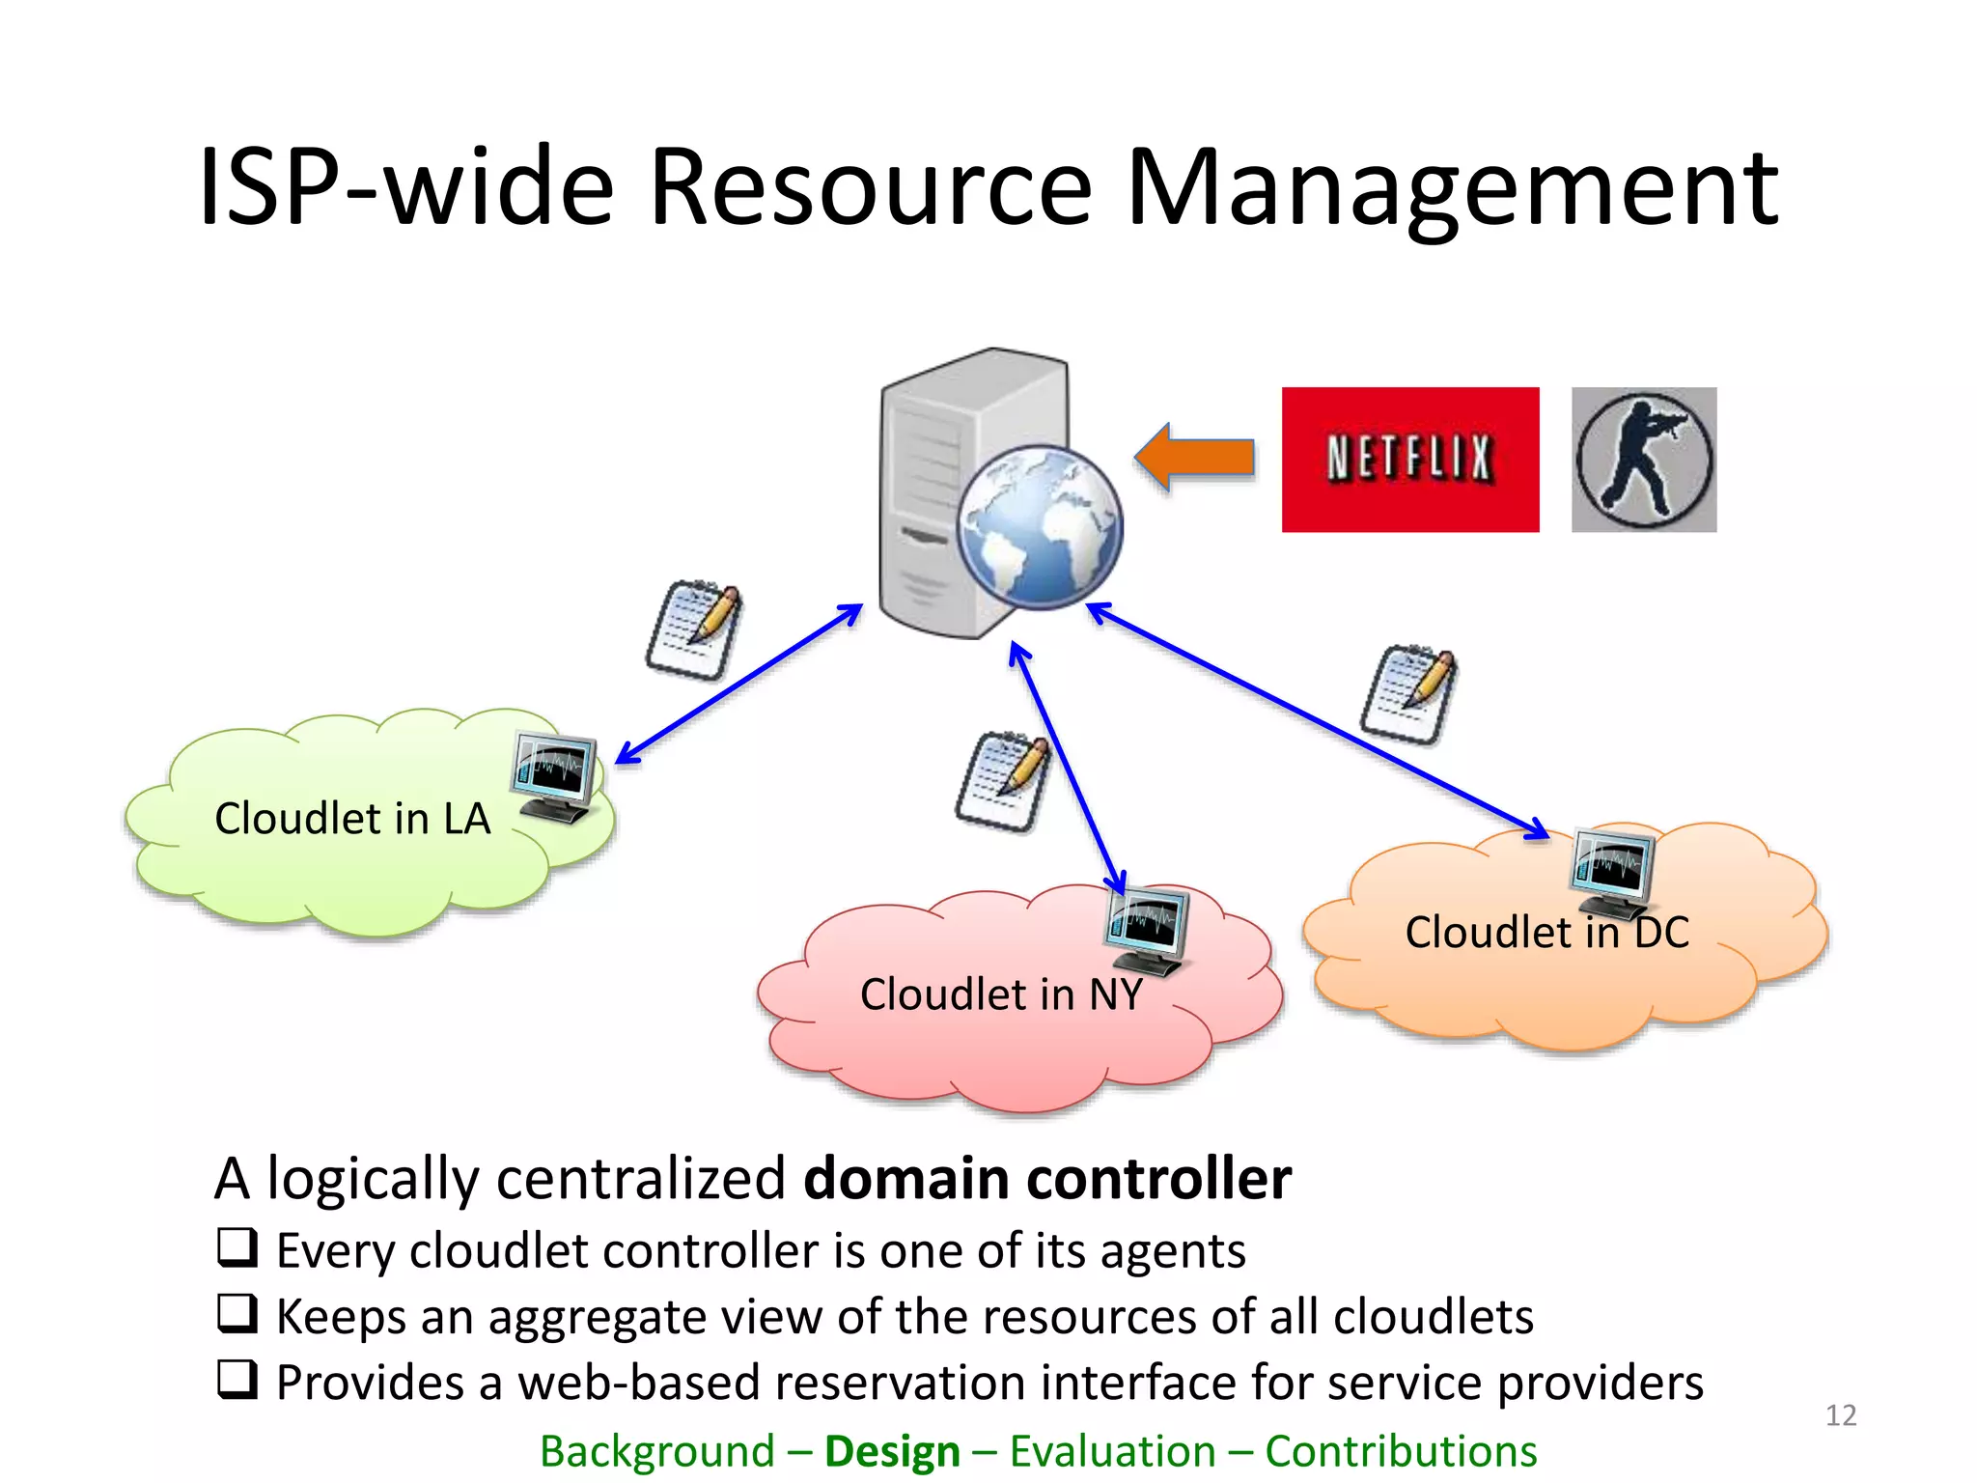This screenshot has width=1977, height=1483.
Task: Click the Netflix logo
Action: pyautogui.click(x=1409, y=460)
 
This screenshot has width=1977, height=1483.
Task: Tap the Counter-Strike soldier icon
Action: pyautogui.click(x=1643, y=460)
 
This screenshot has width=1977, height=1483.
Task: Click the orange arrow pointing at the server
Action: pyautogui.click(x=1195, y=458)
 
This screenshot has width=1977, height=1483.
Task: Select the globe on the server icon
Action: pyautogui.click(x=1040, y=527)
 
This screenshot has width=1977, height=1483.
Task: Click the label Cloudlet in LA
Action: pyautogui.click(x=352, y=819)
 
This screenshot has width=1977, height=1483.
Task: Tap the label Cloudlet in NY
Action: pyautogui.click(x=1001, y=994)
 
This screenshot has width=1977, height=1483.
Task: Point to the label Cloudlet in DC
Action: pyautogui.click(x=1546, y=933)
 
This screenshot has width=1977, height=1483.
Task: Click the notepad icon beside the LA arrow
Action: pyautogui.click(x=693, y=630)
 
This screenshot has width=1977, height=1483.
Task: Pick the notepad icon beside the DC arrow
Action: pyautogui.click(x=1407, y=693)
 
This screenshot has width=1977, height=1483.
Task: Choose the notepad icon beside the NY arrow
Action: pyautogui.click(x=1002, y=780)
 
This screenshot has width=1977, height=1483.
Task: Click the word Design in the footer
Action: pyautogui.click(x=892, y=1451)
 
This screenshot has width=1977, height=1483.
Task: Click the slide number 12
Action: pyautogui.click(x=1840, y=1415)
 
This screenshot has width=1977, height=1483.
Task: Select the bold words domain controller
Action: pyautogui.click(x=1047, y=1179)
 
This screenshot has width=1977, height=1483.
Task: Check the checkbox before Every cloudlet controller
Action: pyautogui.click(x=237, y=1247)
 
